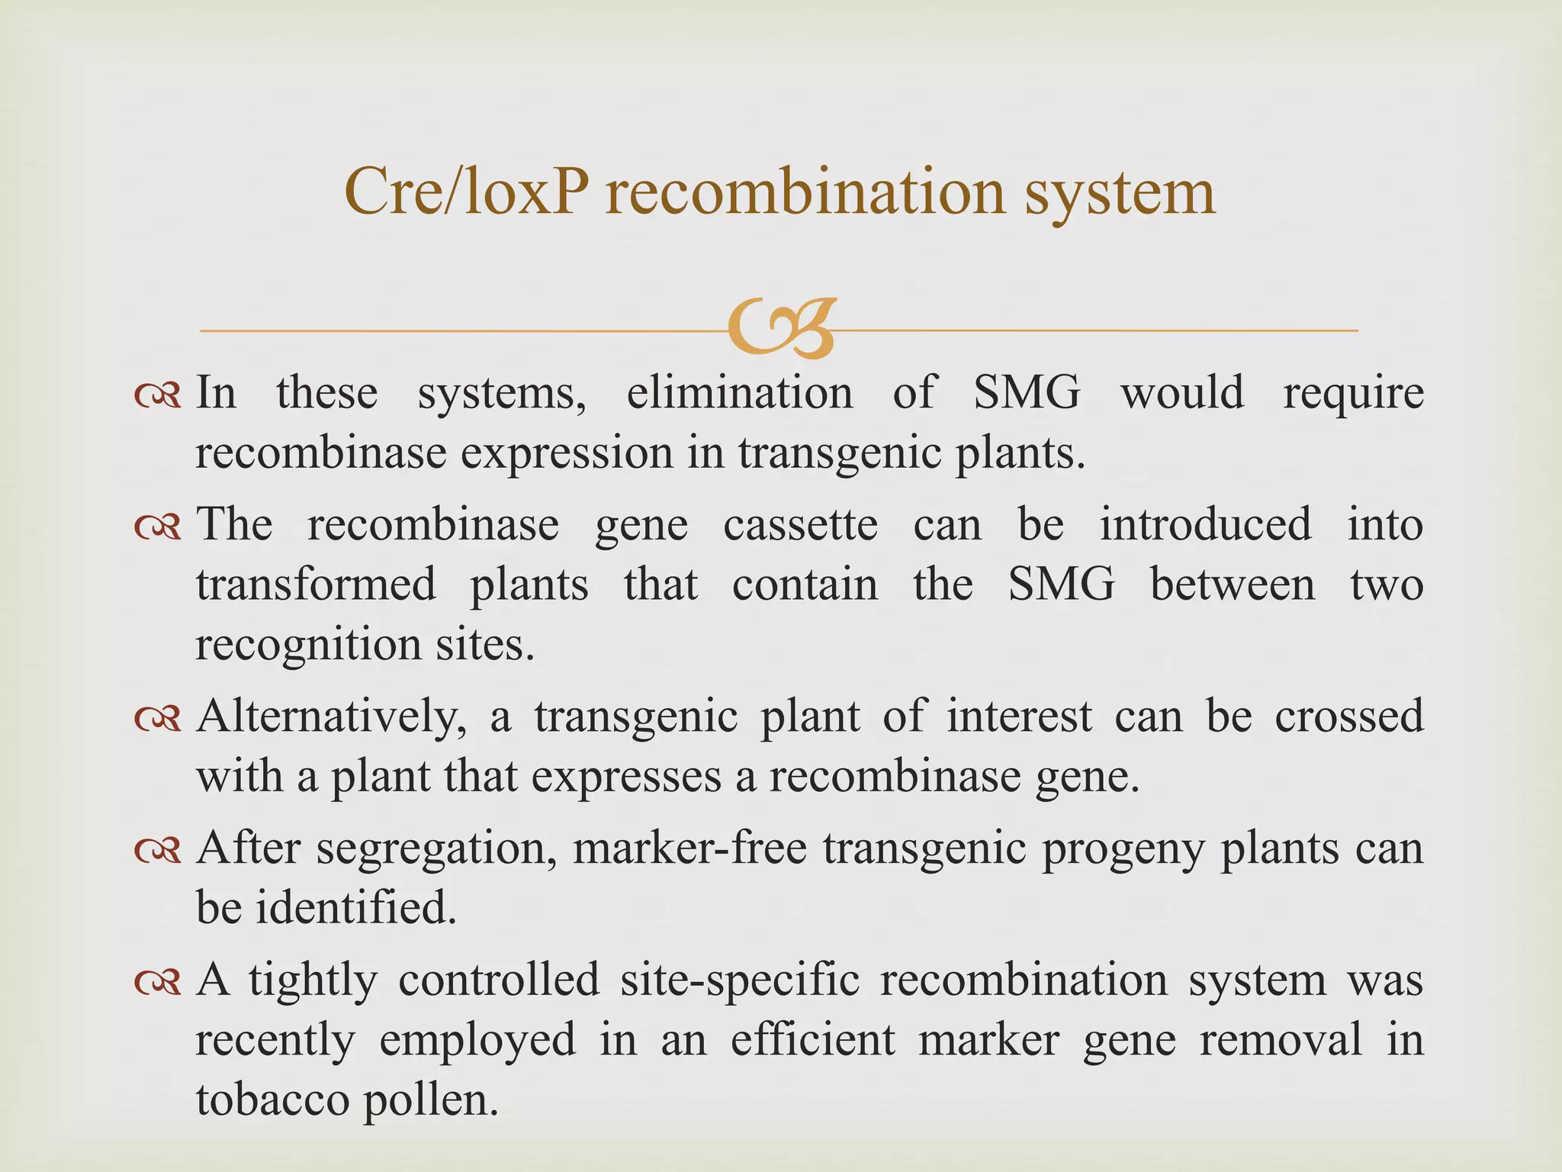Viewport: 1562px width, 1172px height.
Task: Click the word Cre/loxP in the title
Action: click(466, 192)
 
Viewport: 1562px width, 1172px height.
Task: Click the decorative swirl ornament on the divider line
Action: click(783, 329)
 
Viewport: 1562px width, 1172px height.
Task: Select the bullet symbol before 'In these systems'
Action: click(156, 394)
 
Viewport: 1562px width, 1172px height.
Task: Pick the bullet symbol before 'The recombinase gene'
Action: click(156, 526)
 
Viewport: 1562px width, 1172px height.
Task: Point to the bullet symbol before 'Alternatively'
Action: click(156, 718)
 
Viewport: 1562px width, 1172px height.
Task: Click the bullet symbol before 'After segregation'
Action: click(156, 850)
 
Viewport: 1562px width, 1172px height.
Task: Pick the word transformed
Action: click(316, 584)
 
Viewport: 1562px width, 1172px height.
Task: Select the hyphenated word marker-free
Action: click(689, 848)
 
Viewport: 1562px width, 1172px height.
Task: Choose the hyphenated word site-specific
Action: click(740, 980)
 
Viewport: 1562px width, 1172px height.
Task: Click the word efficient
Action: click(813, 1040)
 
